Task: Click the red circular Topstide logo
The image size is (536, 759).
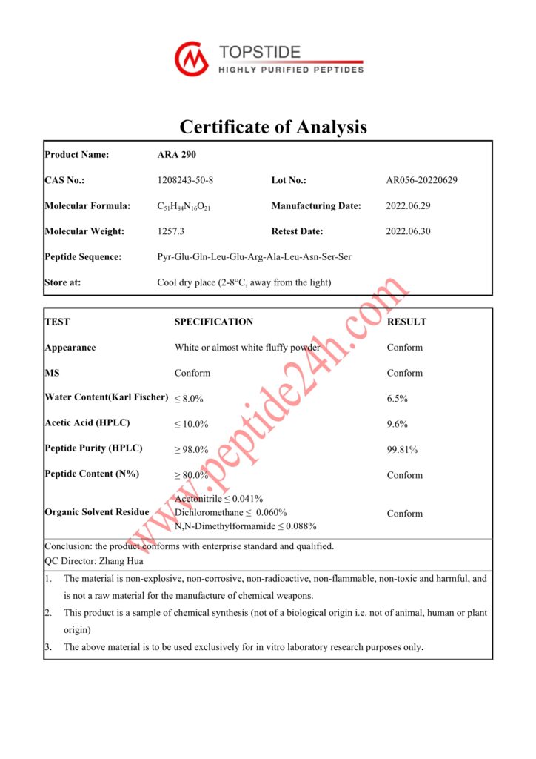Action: [192, 59]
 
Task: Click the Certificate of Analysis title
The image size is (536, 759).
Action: [273, 127]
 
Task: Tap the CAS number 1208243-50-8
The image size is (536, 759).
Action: [185, 180]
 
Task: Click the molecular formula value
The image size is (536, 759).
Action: [184, 206]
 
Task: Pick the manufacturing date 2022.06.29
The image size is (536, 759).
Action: [409, 206]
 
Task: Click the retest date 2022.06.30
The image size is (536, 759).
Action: [409, 231]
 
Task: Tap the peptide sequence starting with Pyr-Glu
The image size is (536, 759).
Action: [254, 257]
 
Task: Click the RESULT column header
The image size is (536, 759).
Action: [406, 322]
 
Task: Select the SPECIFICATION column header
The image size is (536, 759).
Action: [214, 322]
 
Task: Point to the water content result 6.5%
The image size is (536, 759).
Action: [398, 399]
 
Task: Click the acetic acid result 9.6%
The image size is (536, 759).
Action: [398, 425]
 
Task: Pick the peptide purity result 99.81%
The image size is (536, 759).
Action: [402, 450]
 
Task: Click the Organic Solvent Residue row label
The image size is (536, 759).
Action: [97, 512]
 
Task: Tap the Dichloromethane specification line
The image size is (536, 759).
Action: [231, 513]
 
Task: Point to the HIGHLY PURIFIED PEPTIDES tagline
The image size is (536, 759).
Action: [291, 70]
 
